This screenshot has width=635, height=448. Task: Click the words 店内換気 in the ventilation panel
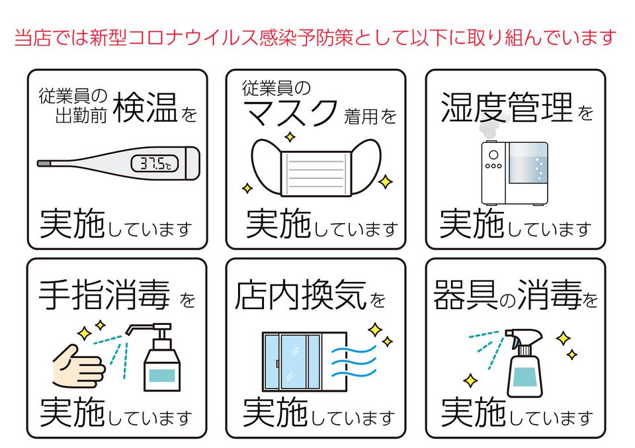click(300, 296)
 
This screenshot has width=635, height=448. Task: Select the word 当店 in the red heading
click(30, 36)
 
